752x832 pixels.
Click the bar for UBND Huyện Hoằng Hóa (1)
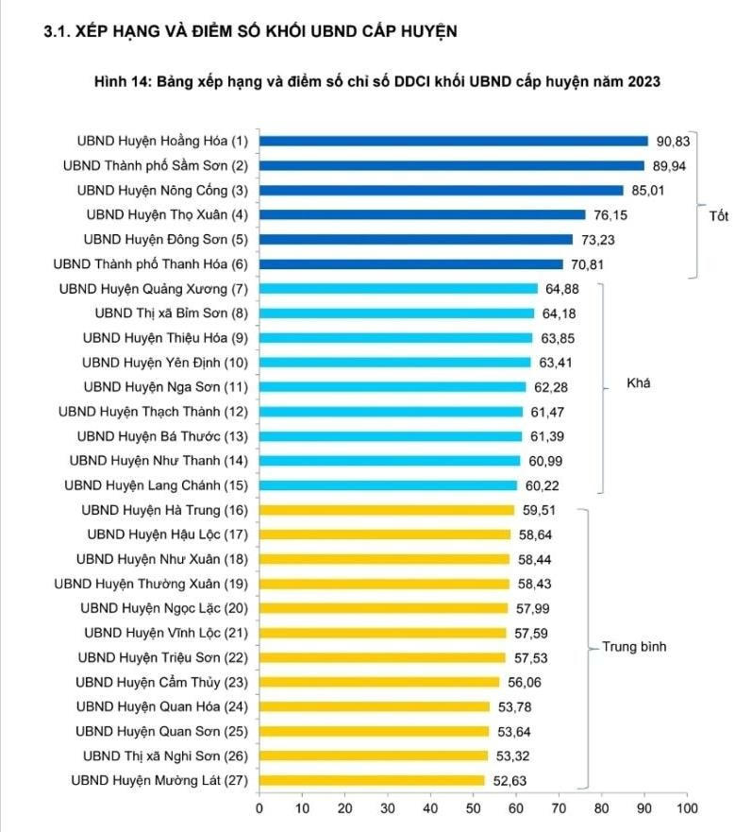[453, 141]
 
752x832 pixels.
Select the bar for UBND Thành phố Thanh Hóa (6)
[410, 263]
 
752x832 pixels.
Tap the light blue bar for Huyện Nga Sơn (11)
[393, 386]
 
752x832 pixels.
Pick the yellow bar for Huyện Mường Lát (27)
[372, 780]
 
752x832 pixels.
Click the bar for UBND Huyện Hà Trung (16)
[387, 510]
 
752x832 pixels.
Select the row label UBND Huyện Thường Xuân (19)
[151, 584]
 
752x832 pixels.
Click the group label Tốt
[719, 215]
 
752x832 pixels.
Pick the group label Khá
[639, 384]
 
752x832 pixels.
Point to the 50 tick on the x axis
[473, 808]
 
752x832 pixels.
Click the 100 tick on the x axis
[687, 808]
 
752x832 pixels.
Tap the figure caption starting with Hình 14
[376, 81]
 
